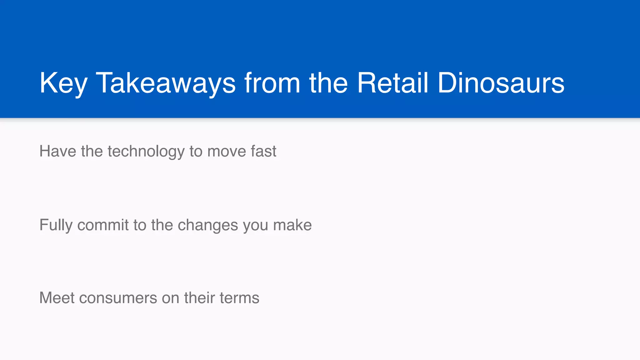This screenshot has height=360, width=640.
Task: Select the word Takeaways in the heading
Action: [166, 83]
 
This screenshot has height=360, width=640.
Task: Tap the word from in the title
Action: [272, 83]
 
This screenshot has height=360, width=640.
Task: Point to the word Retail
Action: [392, 83]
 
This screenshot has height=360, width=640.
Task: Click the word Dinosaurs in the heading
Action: [501, 83]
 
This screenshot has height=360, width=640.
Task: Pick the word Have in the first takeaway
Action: [58, 151]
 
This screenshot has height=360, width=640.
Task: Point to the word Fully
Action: [56, 225]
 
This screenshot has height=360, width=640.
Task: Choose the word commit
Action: [103, 225]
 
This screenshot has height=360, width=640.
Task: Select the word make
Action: [292, 225]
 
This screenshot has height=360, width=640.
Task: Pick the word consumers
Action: [118, 298]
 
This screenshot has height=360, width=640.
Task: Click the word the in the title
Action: [328, 83]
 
